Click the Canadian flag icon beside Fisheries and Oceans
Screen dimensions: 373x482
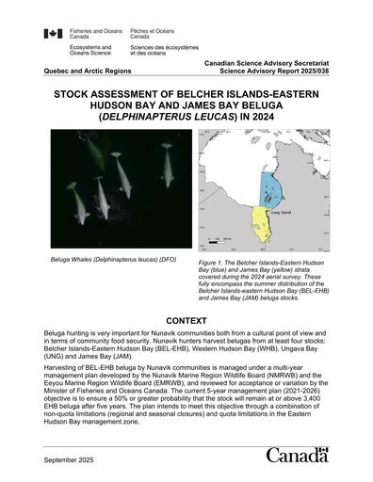click(53, 34)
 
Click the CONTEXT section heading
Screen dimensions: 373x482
click(186, 320)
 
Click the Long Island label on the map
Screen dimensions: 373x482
click(281, 211)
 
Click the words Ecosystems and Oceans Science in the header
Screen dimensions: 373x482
click(91, 49)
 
